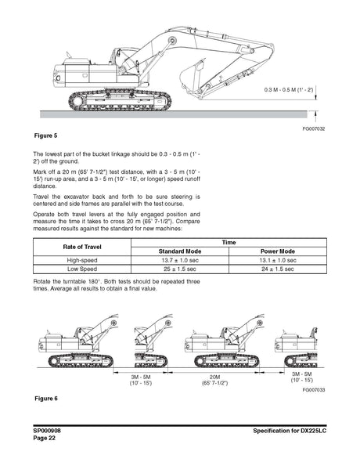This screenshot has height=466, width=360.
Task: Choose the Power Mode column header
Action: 276,251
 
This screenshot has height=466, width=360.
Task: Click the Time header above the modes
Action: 227,242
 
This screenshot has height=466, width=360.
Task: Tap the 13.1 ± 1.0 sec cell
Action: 276,259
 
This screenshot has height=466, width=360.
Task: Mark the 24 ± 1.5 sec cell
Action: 276,268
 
